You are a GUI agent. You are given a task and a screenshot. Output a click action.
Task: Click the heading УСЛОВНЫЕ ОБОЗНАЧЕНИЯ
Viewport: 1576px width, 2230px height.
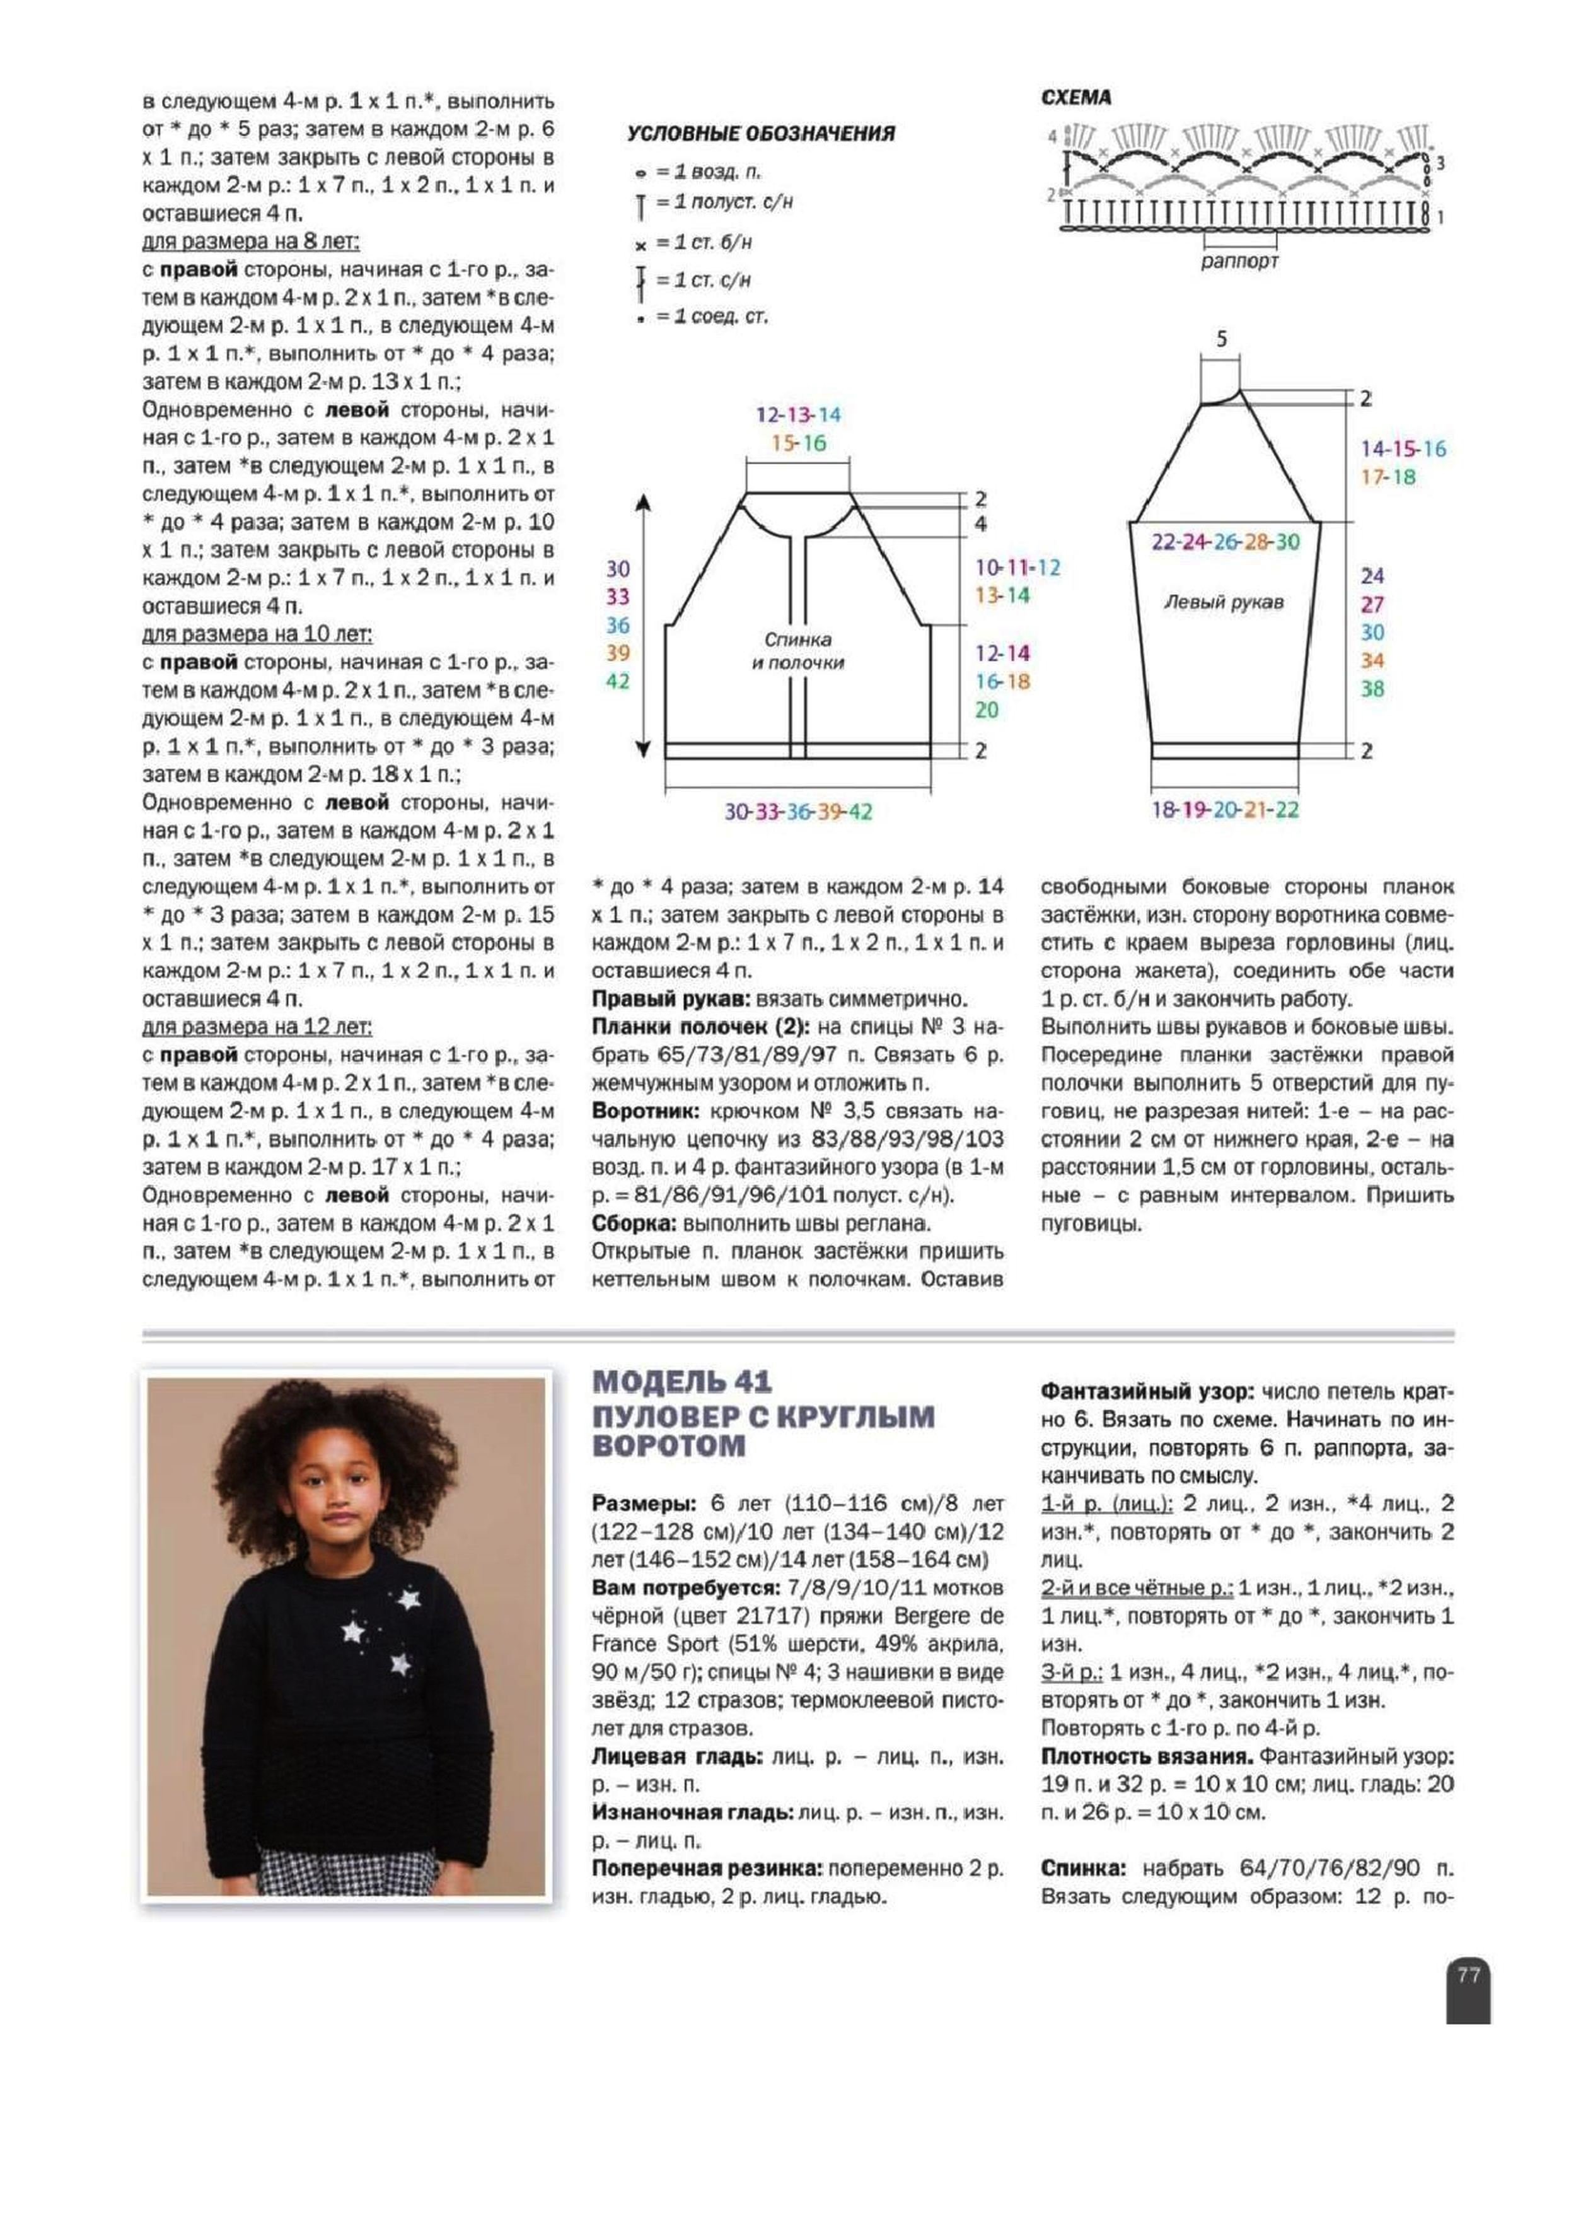(x=760, y=134)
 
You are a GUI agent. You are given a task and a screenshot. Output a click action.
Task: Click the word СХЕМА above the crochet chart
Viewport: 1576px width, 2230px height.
(x=1076, y=98)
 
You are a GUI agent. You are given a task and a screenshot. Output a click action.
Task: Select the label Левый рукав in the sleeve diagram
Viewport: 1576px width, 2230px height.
(x=1224, y=602)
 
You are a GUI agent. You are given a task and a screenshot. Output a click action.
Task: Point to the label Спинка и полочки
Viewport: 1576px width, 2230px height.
(x=797, y=651)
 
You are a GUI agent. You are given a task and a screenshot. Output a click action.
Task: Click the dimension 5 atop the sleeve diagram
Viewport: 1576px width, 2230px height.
(x=1222, y=339)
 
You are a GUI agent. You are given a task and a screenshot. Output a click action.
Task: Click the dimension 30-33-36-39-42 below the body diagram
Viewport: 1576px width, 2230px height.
(x=798, y=811)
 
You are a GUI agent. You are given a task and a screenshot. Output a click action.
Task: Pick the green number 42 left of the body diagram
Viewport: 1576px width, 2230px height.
(x=618, y=681)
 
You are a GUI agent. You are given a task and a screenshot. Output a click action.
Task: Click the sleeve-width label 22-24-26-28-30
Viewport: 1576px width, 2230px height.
(x=1224, y=542)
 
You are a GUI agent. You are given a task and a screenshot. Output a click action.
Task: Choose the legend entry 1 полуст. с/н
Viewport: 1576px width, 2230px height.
(x=724, y=202)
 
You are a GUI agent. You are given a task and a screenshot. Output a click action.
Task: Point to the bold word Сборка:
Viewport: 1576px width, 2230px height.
(x=634, y=1223)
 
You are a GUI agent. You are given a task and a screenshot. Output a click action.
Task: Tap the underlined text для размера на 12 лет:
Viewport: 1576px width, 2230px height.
(x=257, y=1027)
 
